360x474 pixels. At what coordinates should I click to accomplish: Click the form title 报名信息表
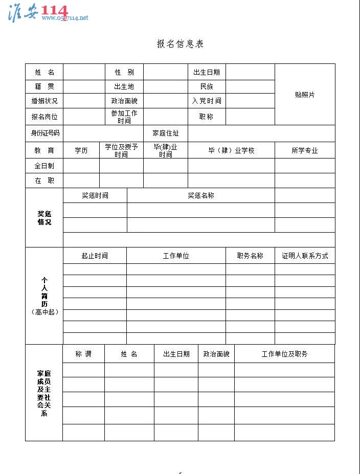180,44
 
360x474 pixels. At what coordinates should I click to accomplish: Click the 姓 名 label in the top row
44,72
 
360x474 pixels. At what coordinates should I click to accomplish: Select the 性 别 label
124,72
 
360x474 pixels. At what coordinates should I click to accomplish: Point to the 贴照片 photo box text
305,95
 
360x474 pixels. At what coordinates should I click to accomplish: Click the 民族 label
207,87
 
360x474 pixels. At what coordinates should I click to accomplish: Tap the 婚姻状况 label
44,101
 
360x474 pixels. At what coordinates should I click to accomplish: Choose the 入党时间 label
207,101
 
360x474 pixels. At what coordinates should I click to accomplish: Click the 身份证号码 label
44,133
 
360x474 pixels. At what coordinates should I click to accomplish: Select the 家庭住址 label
166,133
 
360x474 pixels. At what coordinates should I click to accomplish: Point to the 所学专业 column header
305,150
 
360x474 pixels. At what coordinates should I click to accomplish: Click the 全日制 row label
44,166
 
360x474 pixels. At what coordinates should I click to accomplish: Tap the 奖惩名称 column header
200,195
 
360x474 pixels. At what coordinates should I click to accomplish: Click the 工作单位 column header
176,256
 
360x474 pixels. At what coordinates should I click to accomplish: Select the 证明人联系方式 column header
305,256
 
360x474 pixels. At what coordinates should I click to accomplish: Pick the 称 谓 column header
83,354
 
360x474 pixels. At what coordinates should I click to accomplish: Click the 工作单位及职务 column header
284,354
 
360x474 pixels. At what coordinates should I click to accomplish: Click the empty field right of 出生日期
250,72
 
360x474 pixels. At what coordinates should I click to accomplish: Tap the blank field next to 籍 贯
83,87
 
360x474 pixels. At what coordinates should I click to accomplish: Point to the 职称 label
207,117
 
